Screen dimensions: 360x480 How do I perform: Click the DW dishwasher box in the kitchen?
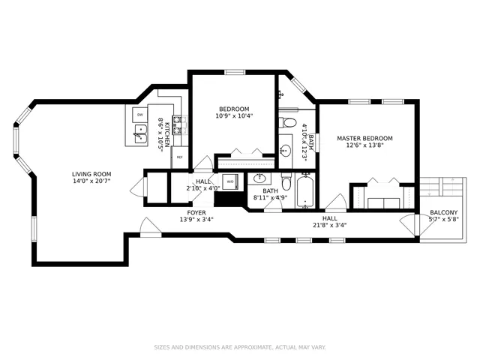139,115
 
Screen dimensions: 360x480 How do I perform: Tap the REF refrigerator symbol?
178,157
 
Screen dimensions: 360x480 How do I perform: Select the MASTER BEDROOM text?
364,138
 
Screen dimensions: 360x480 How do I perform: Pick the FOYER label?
196,213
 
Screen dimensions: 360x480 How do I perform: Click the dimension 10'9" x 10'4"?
234,116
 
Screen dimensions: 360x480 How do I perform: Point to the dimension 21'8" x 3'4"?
330,224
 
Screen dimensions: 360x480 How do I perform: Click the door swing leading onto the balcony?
407,223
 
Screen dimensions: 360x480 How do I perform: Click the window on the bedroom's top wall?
235,72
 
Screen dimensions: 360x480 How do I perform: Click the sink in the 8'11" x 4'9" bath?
259,179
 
